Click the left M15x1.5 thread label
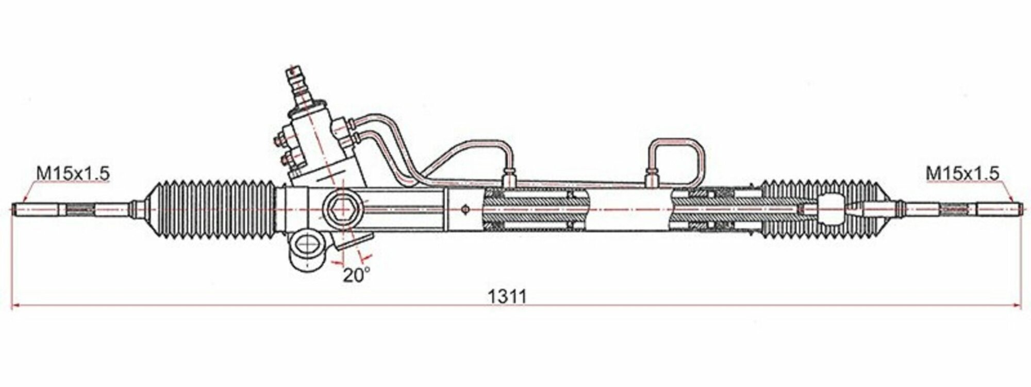click(73, 174)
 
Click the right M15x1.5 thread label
click(962, 174)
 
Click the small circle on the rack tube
click(465, 209)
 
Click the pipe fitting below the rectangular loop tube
click(652, 179)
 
